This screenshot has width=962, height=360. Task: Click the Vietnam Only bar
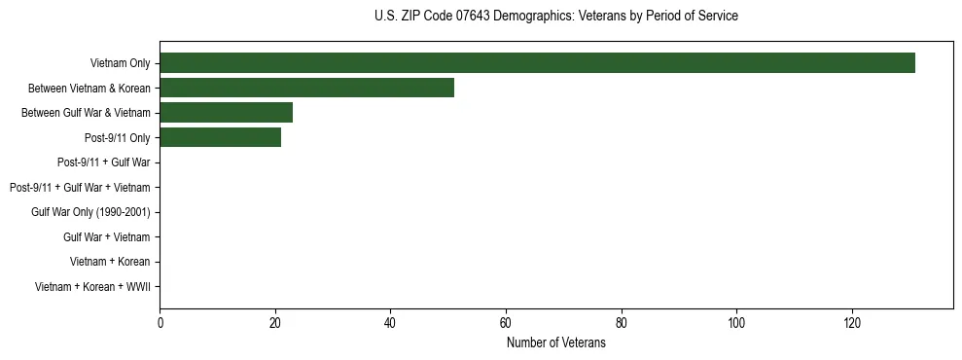pos(537,63)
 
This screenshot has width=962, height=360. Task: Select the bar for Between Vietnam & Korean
pos(306,88)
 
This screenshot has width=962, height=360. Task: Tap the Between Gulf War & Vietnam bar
pos(226,113)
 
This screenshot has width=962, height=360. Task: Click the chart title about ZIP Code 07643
pos(555,17)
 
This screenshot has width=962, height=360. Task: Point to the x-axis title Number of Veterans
pos(555,343)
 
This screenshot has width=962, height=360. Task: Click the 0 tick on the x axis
pos(160,322)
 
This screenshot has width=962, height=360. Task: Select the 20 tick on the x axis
pos(275,322)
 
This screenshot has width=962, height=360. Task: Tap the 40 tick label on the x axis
pos(390,322)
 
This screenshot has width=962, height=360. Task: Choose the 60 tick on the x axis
pos(506,322)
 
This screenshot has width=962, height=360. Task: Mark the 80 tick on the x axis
pos(621,322)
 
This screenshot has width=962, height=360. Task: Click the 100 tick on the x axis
pos(736,322)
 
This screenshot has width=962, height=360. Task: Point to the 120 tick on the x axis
pos(852,322)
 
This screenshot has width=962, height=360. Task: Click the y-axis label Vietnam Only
pos(120,63)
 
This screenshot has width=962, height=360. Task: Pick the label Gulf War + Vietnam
pos(106,236)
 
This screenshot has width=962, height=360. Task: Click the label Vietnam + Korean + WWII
pos(91,286)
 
